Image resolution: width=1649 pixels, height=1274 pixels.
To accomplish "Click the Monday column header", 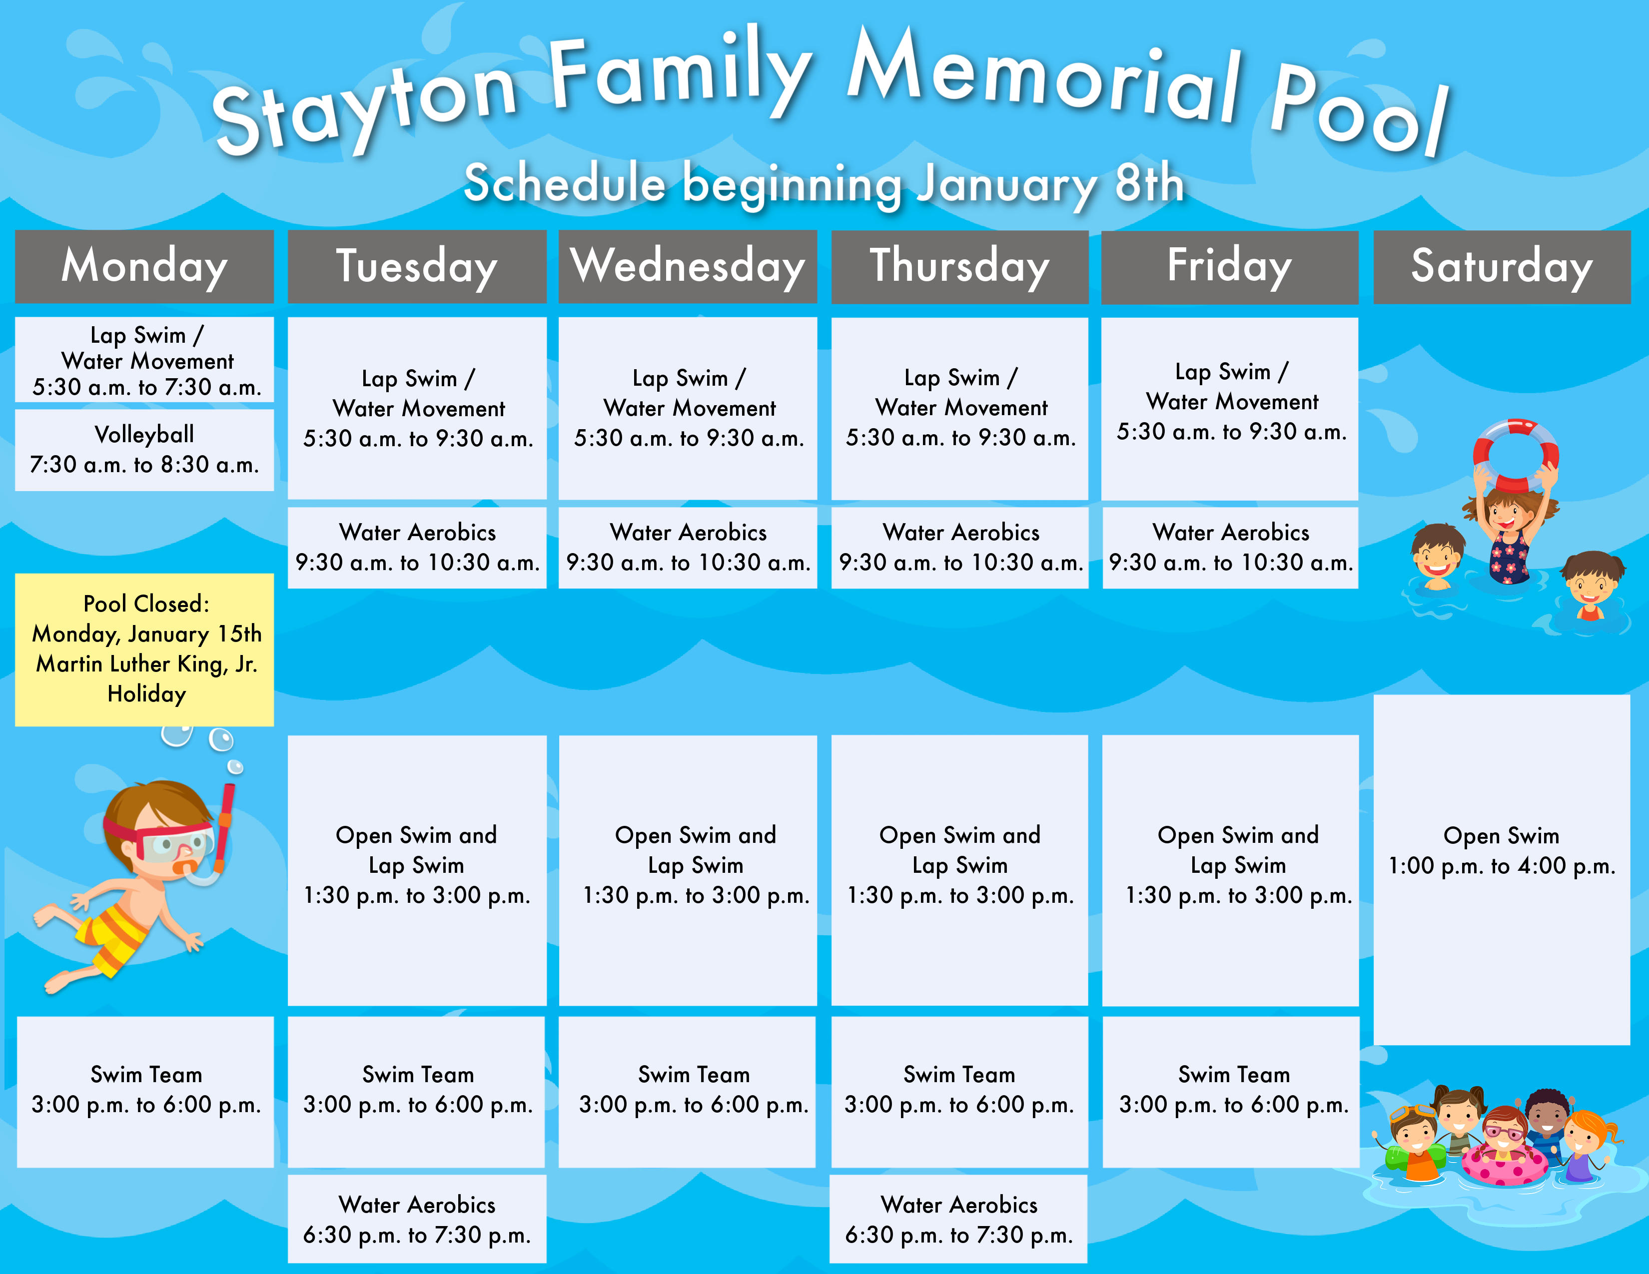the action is tap(144, 266).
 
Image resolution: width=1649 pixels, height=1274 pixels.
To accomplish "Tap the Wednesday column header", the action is tap(688, 266).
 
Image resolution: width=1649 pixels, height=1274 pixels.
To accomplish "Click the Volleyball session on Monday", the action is tap(144, 450).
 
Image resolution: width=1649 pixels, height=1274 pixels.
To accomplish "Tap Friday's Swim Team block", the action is tap(1231, 1091).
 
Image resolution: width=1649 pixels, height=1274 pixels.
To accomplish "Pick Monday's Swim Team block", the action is tap(145, 1091).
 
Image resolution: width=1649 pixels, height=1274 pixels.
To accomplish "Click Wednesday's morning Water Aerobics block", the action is tap(688, 547).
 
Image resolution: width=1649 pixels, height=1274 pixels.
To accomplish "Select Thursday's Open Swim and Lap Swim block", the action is tap(959, 870).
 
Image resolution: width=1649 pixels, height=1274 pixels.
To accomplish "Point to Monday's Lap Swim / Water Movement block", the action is tap(144, 359).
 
